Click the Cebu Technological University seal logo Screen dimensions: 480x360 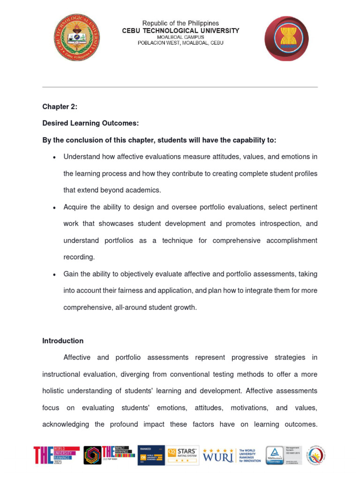click(x=76, y=37)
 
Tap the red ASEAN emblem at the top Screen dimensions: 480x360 click(x=286, y=38)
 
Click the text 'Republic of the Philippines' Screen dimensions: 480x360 click(x=180, y=23)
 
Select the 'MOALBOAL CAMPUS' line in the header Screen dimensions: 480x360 click(x=180, y=37)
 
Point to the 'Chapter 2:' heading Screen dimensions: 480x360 click(x=60, y=106)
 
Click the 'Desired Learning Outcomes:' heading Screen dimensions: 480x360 click(x=90, y=123)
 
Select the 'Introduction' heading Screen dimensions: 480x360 click(x=63, y=341)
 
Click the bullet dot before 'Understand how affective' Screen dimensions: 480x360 click(x=55, y=157)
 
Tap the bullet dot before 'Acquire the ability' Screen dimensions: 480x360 click(x=55, y=208)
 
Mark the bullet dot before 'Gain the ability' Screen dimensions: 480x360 click(x=55, y=275)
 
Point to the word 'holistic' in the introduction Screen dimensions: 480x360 click(x=55, y=391)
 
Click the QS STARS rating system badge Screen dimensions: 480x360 click(x=183, y=455)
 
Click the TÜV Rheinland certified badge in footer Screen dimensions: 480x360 click(x=284, y=455)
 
